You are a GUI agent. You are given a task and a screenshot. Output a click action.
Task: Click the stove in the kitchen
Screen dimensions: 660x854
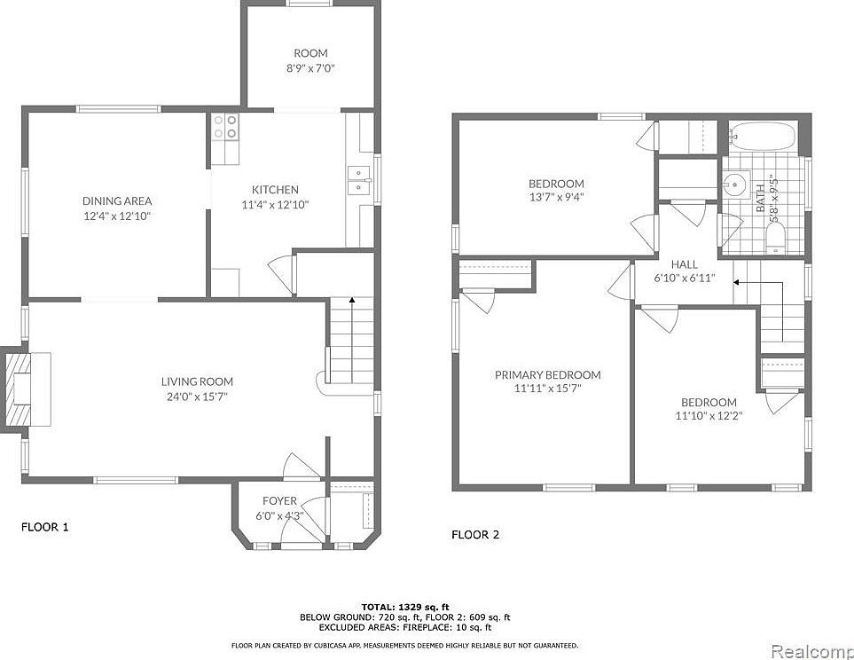226,127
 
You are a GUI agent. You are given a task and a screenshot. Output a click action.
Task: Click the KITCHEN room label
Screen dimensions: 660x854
275,190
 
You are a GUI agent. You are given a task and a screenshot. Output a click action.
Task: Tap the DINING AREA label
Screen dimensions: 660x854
117,201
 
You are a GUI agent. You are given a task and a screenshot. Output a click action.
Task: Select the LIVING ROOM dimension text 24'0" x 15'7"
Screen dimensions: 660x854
197,397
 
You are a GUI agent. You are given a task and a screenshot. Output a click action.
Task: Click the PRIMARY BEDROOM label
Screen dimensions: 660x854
547,375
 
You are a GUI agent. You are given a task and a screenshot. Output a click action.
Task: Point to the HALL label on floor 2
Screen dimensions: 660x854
684,264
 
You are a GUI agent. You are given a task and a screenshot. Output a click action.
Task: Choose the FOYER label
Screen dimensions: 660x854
279,501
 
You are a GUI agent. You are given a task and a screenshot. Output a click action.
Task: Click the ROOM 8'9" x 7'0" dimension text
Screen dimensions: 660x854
309,67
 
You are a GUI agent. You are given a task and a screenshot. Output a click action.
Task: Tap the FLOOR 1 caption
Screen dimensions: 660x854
44,527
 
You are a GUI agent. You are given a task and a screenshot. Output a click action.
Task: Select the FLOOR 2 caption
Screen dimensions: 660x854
475,535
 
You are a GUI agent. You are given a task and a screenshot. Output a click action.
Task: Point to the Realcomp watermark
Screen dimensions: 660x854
812,652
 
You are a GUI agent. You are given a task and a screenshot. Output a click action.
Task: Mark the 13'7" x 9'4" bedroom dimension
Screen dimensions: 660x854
556,197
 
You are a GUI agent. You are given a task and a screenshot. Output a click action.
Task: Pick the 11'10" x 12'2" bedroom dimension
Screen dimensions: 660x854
707,415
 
